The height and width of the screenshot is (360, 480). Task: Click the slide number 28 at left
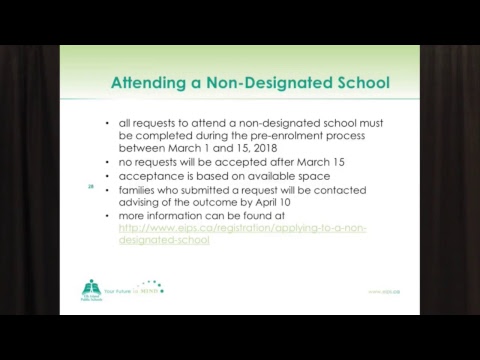click(91, 186)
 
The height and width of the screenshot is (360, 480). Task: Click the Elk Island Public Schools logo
click(93, 289)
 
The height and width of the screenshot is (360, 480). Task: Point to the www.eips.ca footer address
click(383, 292)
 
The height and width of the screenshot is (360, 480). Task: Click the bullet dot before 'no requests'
click(107, 162)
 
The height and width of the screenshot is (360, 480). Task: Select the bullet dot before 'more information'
click(107, 215)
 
